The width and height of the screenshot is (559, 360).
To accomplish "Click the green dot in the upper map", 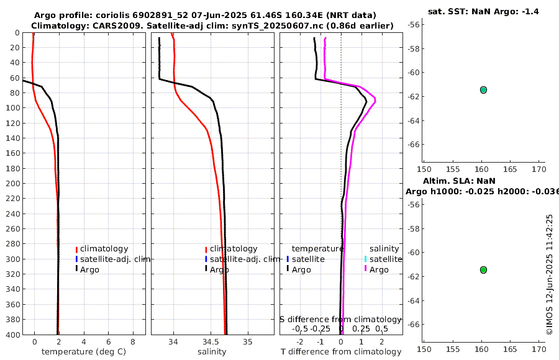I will [483, 90].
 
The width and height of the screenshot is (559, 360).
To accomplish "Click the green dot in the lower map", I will [483, 270].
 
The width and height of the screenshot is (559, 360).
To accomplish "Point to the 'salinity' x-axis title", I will [212, 352].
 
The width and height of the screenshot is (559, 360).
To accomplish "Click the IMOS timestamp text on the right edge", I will [549, 274].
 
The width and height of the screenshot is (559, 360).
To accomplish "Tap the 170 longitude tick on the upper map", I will [539, 168].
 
